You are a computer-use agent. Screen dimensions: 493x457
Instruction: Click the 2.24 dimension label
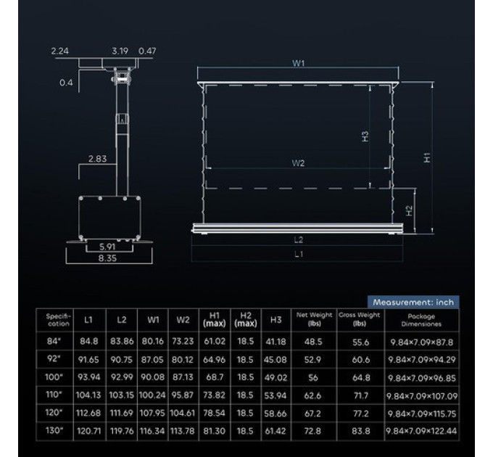[x=59, y=51]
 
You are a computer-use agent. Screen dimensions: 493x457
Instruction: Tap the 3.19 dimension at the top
[x=120, y=51]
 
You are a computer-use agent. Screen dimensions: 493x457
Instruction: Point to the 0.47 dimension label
[x=147, y=51]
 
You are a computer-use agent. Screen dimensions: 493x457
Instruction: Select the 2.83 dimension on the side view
[x=97, y=159]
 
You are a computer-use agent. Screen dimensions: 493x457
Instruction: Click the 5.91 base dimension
[x=107, y=247]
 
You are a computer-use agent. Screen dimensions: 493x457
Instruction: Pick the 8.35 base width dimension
[x=107, y=258]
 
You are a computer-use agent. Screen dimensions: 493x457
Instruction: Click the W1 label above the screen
[x=299, y=63]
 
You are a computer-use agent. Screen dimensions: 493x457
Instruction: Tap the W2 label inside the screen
[x=298, y=163]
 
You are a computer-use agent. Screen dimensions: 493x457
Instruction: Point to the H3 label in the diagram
[x=365, y=136]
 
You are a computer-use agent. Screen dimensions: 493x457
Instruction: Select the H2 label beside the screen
[x=409, y=210]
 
